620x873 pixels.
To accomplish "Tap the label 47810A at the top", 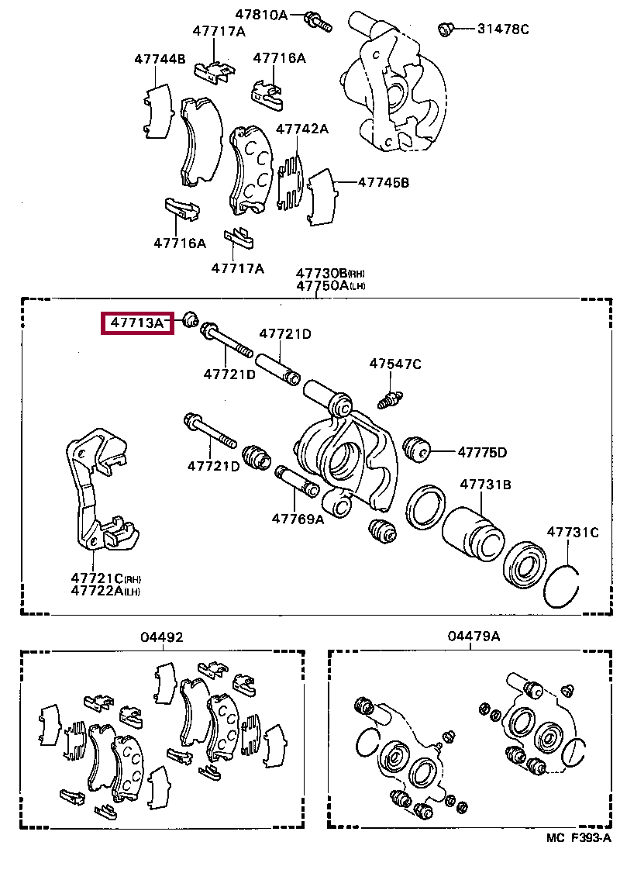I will click(x=261, y=14).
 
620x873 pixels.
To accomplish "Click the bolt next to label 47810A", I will click(x=319, y=21).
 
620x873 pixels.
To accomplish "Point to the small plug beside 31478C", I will click(x=446, y=29).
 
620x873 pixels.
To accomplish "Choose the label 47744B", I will click(x=160, y=58).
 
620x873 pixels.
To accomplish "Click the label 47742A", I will click(x=302, y=129).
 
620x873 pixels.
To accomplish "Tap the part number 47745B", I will click(x=383, y=183).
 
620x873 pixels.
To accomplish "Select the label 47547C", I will click(x=395, y=364).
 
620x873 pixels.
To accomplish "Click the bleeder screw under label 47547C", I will click(x=389, y=399).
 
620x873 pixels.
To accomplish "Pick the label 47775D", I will click(x=481, y=452).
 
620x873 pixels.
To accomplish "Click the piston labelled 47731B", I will click(x=474, y=535).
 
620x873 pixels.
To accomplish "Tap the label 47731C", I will click(x=573, y=532).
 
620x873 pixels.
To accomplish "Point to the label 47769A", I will click(x=298, y=519).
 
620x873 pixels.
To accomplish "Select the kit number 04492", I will click(x=162, y=637).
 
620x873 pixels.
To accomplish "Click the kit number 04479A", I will click(x=474, y=637).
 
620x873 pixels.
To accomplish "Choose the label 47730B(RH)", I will click(x=330, y=273).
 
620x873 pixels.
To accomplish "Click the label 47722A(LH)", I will click(x=106, y=591).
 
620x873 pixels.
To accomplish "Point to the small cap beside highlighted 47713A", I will click(x=190, y=318).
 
